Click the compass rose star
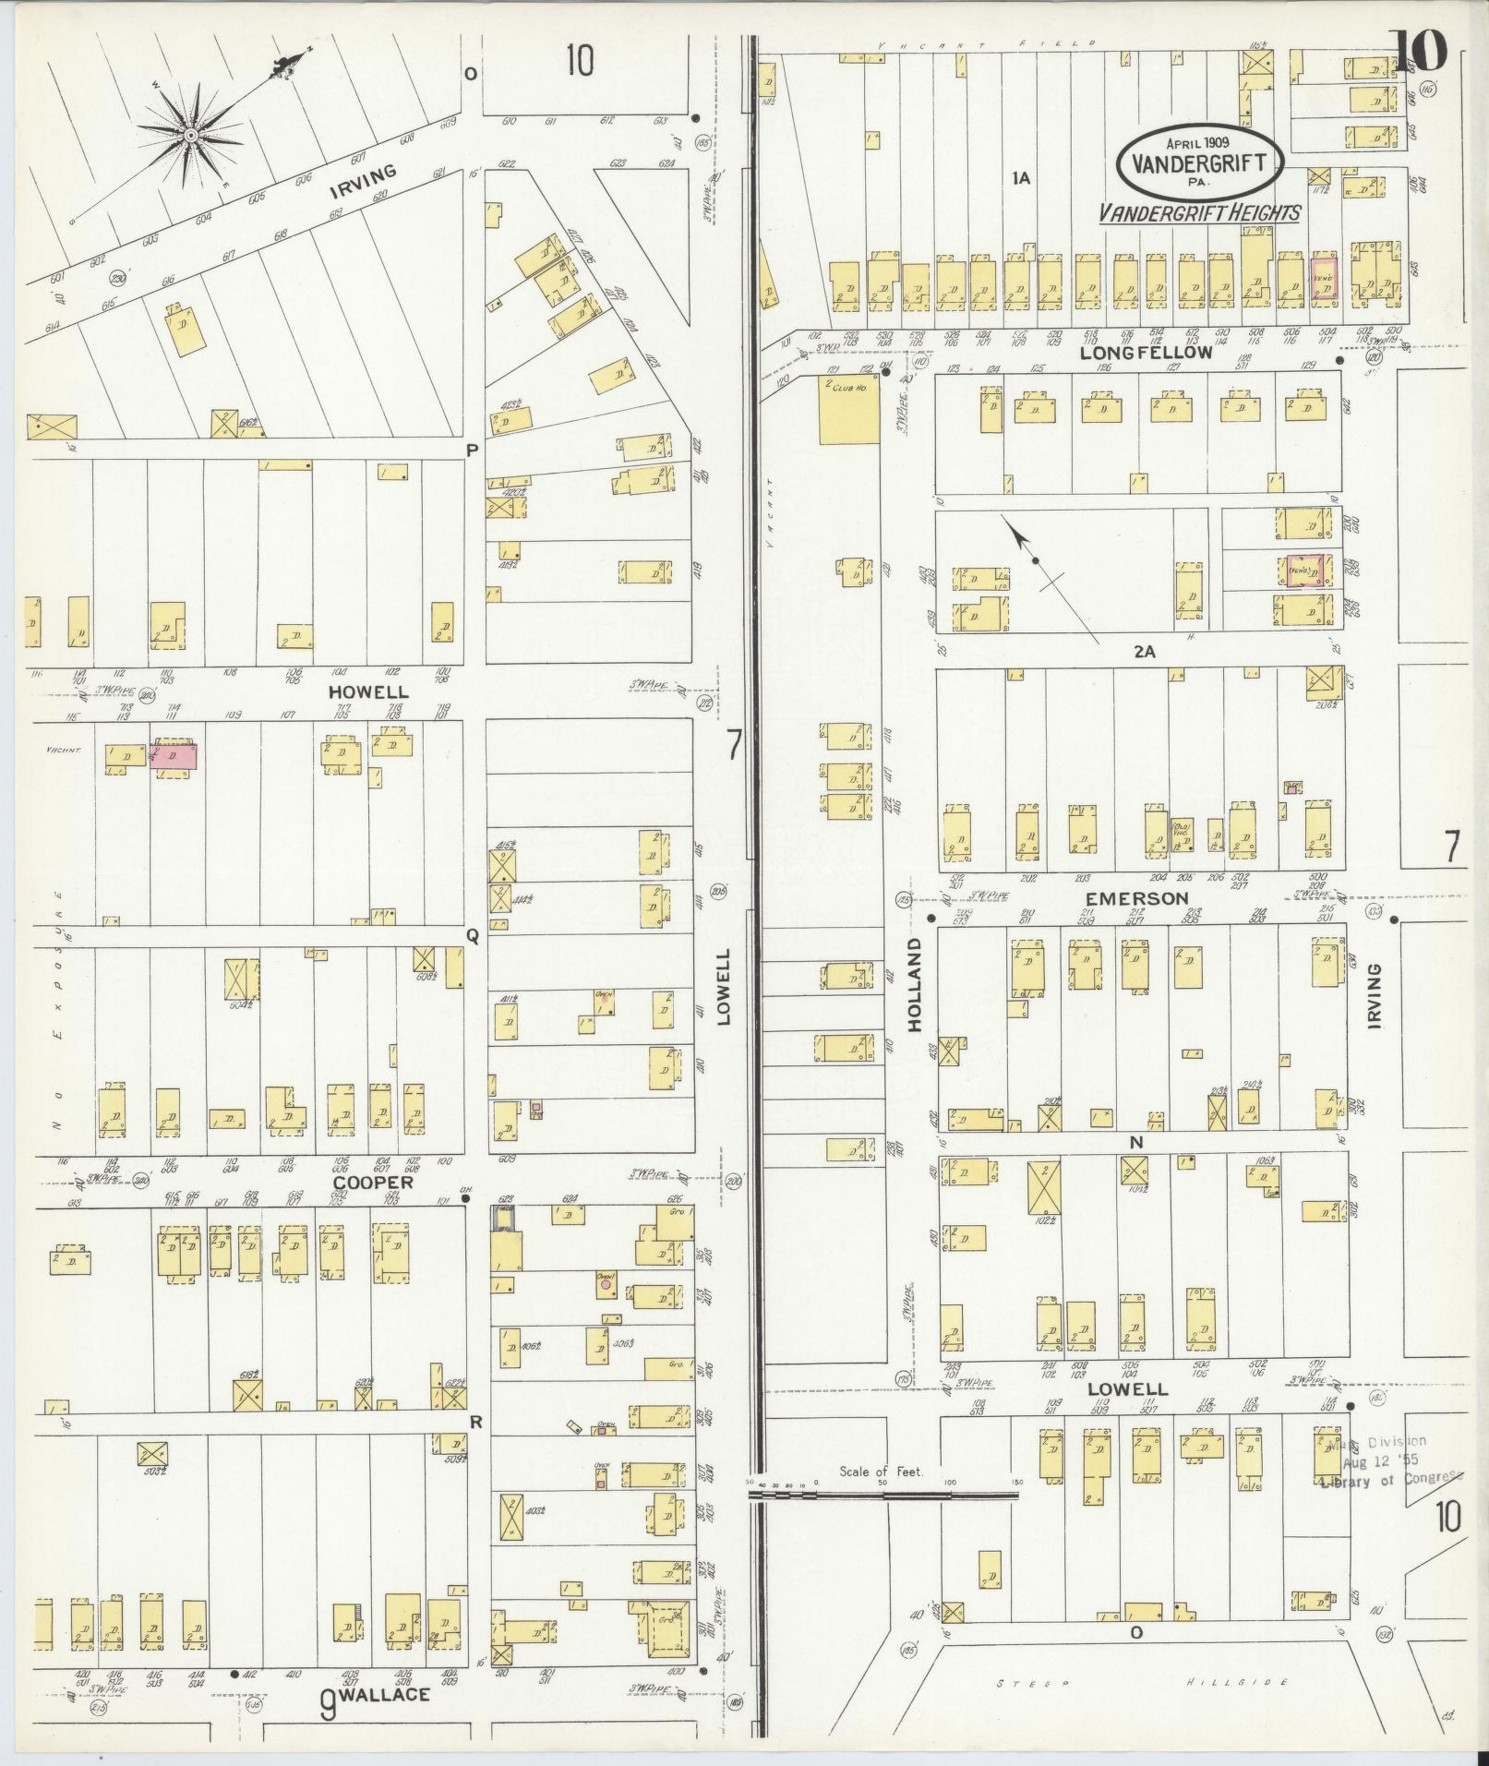pyautogui.click(x=190, y=137)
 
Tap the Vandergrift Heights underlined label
pyautogui.click(x=1199, y=212)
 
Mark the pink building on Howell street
pyautogui.click(x=174, y=757)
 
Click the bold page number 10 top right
pyautogui.click(x=1420, y=52)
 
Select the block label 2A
pyautogui.click(x=1145, y=651)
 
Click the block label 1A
pyautogui.click(x=1020, y=179)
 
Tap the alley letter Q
pyautogui.click(x=472, y=936)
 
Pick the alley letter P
pyautogui.click(x=472, y=450)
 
